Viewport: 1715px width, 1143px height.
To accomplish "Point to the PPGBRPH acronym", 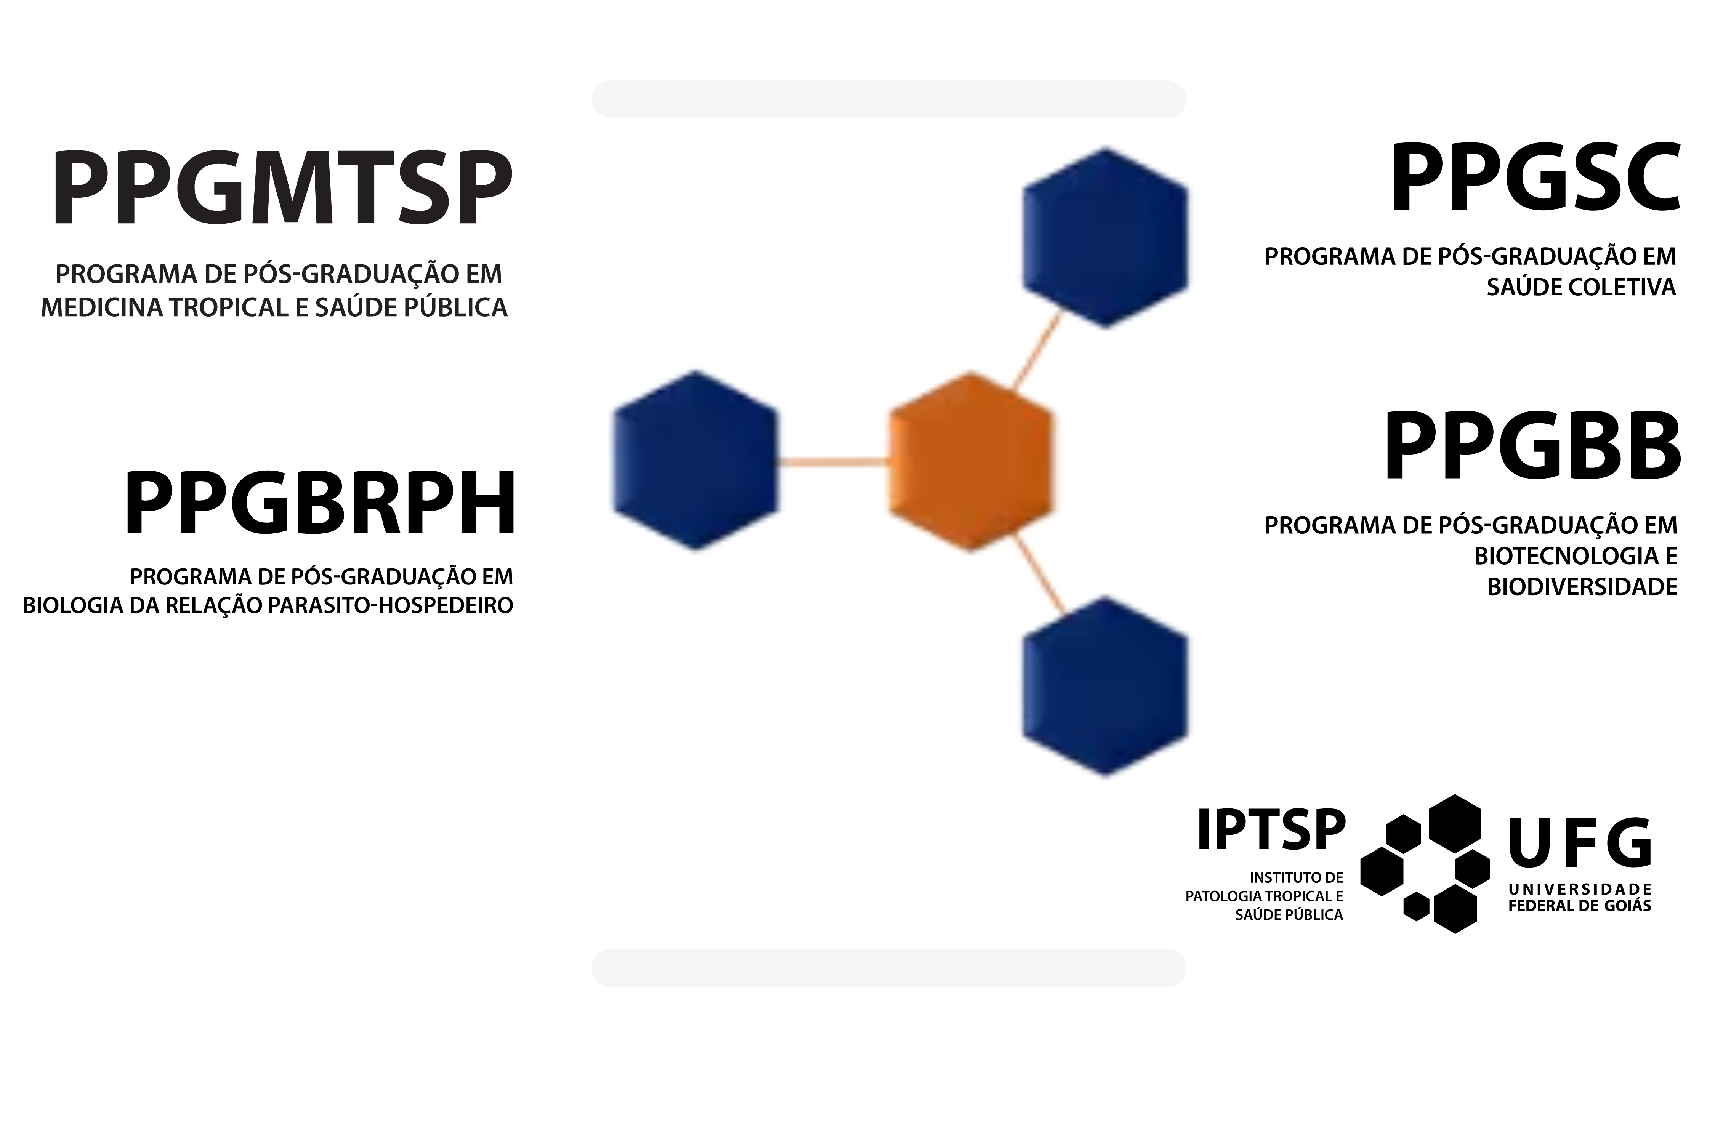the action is pyautogui.click(x=320, y=504).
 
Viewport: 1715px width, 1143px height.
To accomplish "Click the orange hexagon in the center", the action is pyautogui.click(x=971, y=462).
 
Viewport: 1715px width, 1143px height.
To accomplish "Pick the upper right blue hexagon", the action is pyautogui.click(x=1106, y=238).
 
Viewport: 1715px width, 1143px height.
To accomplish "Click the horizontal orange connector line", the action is pyautogui.click(x=833, y=461).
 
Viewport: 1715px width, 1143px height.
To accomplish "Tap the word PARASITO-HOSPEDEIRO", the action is pyautogui.click(x=391, y=606).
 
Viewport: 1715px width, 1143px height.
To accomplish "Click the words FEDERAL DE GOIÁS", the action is pyautogui.click(x=1579, y=906).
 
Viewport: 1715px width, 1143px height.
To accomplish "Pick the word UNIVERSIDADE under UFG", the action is pyautogui.click(x=1579, y=889).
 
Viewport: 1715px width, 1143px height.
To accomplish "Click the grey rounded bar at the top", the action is pyautogui.click(x=889, y=99).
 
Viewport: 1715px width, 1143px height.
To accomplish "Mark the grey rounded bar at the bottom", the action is pyautogui.click(x=889, y=968).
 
